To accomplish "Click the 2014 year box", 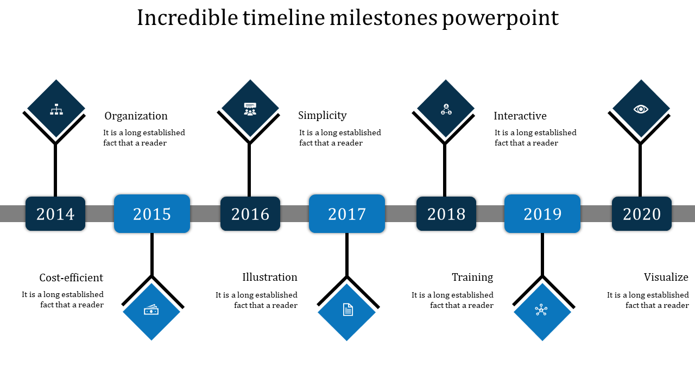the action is [x=55, y=213].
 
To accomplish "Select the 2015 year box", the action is [x=152, y=213].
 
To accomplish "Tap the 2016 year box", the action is [x=250, y=213].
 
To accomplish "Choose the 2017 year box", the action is [x=347, y=213].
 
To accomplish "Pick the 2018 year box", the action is [x=446, y=213].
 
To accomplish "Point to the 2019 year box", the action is [x=542, y=213].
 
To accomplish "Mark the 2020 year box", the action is [x=642, y=213].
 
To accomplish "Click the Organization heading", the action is [x=136, y=116].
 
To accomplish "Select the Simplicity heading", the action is [x=323, y=116].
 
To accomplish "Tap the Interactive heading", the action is [x=520, y=116].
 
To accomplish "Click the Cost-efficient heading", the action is [x=71, y=278].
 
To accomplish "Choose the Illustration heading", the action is [x=270, y=277].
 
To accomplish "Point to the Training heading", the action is [x=472, y=277].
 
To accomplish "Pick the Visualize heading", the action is [x=666, y=277].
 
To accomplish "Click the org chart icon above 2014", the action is [x=56, y=109].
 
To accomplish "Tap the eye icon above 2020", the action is [x=641, y=109].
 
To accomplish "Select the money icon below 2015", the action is [x=151, y=310].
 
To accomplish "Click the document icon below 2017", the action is [x=348, y=310].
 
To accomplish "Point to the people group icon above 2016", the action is [x=250, y=109].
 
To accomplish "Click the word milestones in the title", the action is [x=383, y=18].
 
